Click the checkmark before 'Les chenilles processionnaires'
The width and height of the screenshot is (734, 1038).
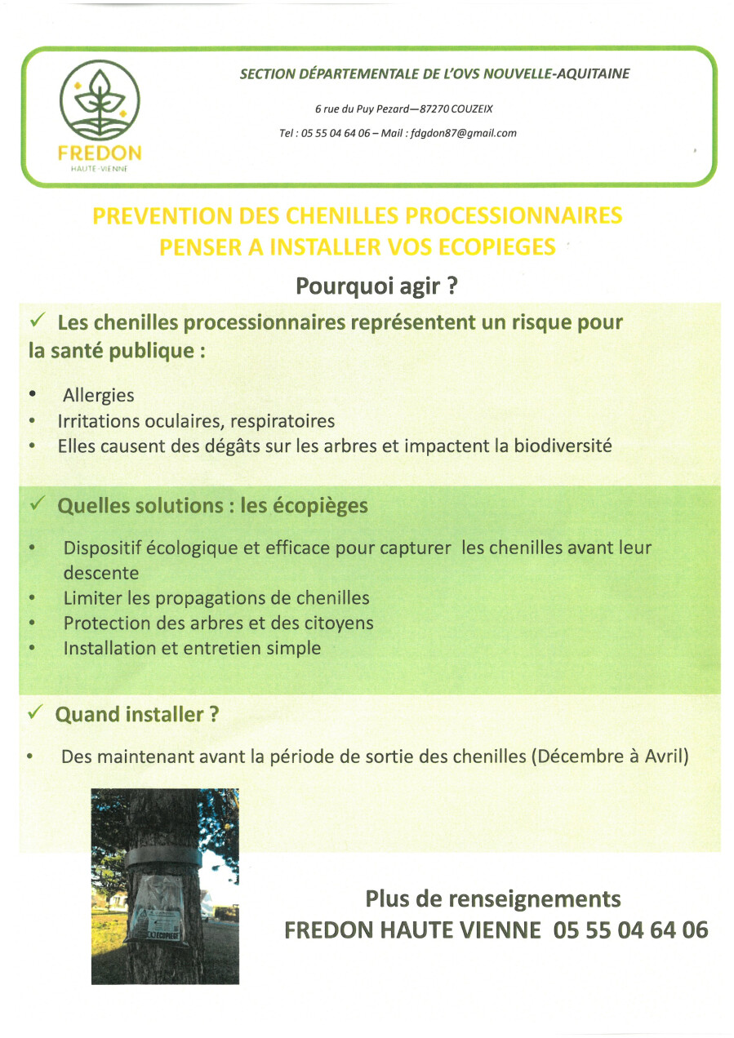tap(37, 322)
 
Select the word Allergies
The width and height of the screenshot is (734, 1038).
tap(99, 395)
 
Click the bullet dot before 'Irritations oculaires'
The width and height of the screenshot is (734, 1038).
tap(32, 422)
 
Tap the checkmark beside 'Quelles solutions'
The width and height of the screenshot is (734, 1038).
tap(37, 504)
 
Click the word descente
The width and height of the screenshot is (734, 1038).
tap(101, 573)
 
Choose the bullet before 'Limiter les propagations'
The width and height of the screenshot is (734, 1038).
tap(32, 598)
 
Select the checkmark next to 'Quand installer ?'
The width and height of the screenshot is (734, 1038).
tap(35, 713)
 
